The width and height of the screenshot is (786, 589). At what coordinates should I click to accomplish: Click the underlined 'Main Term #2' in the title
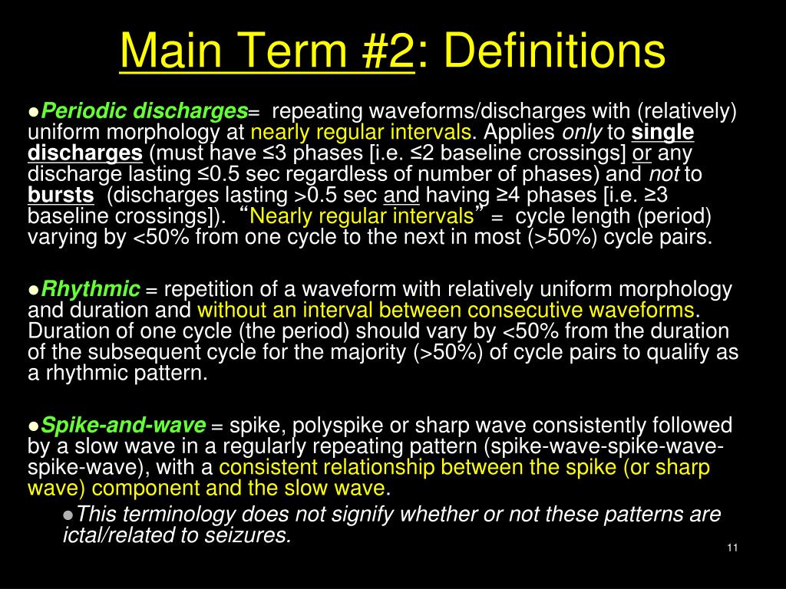pyautogui.click(x=266, y=51)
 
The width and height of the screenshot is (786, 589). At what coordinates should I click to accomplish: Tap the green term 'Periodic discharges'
pyautogui.click(x=143, y=111)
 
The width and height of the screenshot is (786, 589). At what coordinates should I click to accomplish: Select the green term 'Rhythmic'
pyautogui.click(x=91, y=289)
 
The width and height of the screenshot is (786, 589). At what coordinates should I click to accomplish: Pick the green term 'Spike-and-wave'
pyautogui.click(x=123, y=425)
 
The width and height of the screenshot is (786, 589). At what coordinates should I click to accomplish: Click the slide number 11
pyautogui.click(x=731, y=548)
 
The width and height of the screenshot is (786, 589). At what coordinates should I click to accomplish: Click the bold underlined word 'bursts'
pyautogui.click(x=61, y=195)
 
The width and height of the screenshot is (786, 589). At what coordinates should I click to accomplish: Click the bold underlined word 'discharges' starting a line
pyautogui.click(x=84, y=153)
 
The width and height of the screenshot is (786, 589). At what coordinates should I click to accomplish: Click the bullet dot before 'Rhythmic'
pyautogui.click(x=33, y=290)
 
